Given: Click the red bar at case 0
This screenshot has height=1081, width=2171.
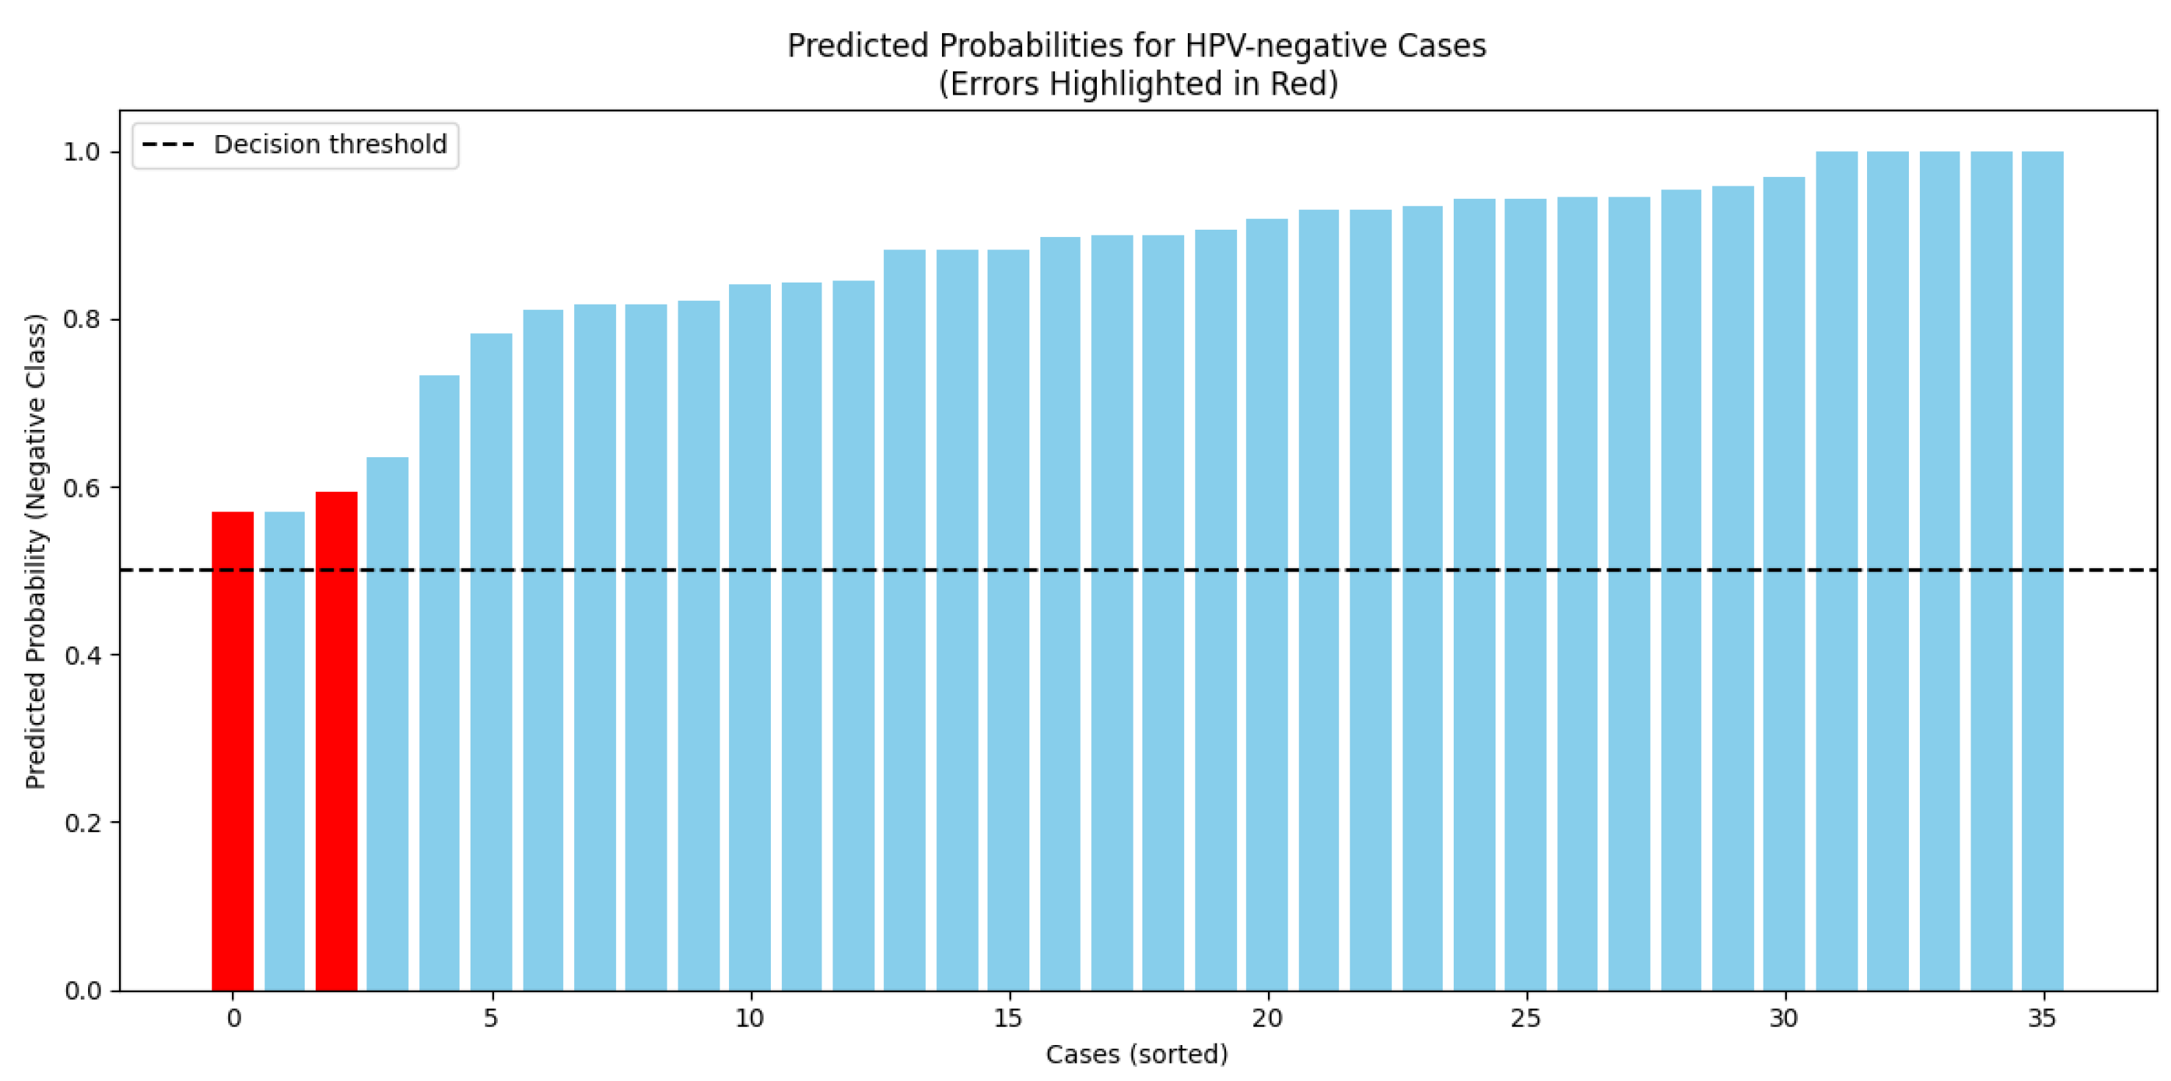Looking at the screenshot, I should coord(233,750).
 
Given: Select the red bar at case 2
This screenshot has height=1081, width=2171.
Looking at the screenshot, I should coord(336,741).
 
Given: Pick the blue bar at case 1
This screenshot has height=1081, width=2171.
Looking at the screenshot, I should coord(285,750).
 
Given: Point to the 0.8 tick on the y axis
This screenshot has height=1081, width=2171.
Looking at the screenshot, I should coord(81,320).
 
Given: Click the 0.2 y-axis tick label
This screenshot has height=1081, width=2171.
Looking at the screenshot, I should coord(81,823).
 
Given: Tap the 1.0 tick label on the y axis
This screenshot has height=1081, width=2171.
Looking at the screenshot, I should coord(81,153).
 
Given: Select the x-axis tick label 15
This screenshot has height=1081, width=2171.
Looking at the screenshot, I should coord(1008,1019).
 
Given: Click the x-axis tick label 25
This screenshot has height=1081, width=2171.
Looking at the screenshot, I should coord(1526,1019).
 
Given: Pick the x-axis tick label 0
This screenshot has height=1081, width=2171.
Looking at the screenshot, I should coord(233,1019).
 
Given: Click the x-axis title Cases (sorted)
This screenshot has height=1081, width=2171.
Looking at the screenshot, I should coord(1136,1054).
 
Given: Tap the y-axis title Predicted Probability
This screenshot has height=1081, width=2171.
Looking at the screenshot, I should coord(35,551).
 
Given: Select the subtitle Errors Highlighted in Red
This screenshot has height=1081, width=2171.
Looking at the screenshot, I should coord(1138,84).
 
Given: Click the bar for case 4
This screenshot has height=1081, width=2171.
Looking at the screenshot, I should coord(439,683).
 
